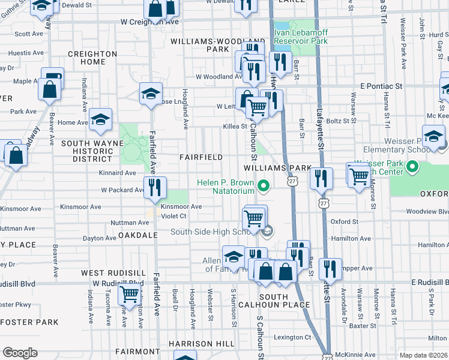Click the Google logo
[20, 353]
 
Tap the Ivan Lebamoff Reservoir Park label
[301, 37]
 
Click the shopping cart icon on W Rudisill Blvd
[130, 294]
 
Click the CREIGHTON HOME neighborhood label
[92, 58]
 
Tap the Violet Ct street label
[174, 216]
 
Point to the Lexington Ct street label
[292, 337]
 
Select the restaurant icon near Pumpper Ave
[330, 268]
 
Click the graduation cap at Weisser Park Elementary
[433, 136]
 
